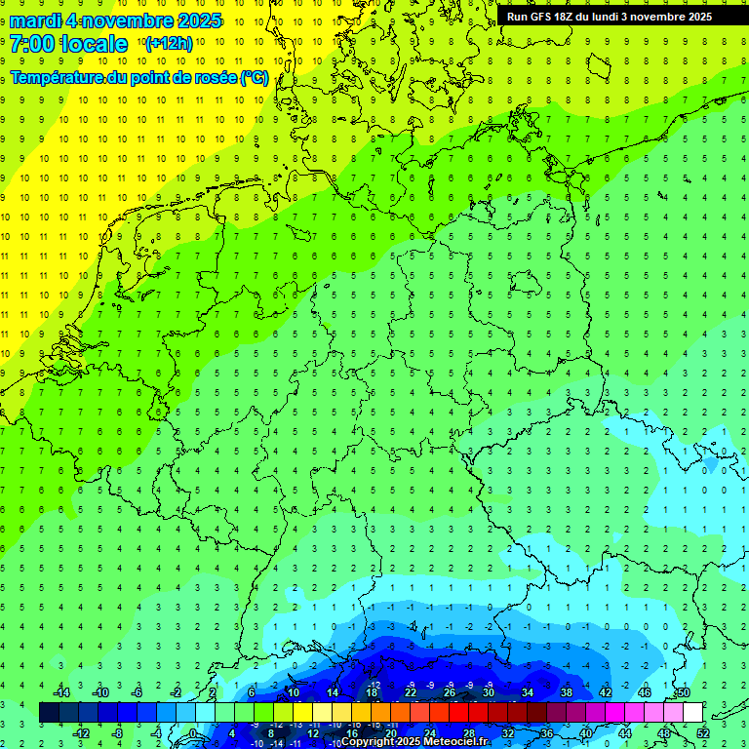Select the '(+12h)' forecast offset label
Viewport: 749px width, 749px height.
coord(169,44)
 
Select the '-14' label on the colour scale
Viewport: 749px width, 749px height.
coord(62,692)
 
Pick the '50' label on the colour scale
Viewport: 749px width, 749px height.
coord(683,692)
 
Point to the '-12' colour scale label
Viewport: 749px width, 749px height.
coord(82,733)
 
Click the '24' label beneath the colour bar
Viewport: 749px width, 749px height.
coord(430,733)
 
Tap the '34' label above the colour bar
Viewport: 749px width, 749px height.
coord(527,692)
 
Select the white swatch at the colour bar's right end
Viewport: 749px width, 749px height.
coord(692,713)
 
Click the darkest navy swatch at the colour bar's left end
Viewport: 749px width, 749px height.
coord(49,713)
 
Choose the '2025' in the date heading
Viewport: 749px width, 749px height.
coord(196,20)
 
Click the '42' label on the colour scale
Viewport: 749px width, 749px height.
coord(605,692)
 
